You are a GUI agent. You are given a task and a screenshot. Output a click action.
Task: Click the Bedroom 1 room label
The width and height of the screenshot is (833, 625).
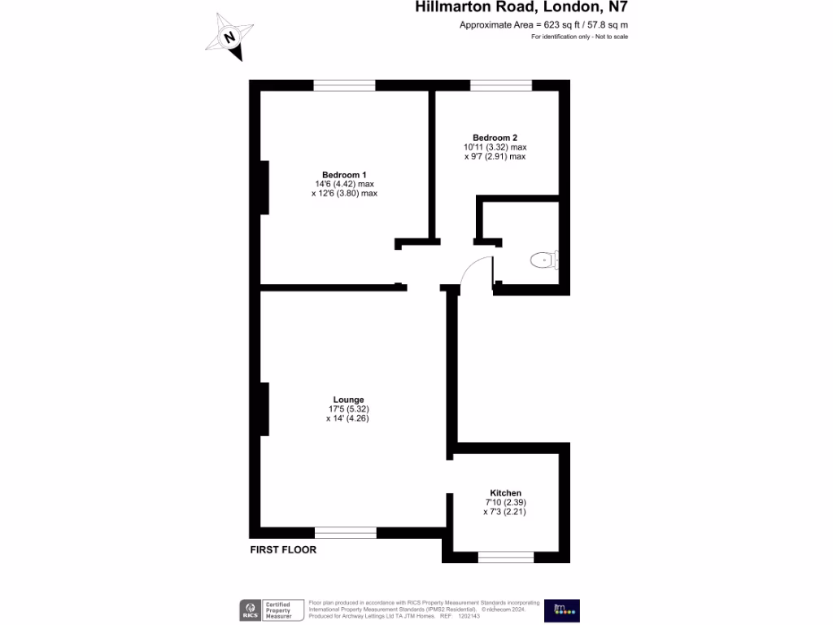344,175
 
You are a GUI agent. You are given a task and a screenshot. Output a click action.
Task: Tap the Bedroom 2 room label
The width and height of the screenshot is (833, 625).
495,138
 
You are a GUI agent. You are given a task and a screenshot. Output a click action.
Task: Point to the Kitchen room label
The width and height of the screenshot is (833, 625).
505,493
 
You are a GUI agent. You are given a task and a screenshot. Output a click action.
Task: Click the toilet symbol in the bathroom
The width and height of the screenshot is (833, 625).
543,260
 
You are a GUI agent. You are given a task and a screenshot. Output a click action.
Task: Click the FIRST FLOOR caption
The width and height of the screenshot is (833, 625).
283,550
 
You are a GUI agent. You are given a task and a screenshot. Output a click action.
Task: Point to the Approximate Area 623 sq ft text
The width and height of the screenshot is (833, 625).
543,25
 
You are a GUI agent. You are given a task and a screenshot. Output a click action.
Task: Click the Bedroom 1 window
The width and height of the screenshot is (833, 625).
344,85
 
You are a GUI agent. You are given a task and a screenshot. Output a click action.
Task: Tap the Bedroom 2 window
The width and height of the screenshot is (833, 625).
501,85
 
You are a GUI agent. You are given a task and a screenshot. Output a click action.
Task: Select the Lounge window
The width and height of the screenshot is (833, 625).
346,533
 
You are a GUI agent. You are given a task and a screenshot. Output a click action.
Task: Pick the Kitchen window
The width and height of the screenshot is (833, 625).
506,557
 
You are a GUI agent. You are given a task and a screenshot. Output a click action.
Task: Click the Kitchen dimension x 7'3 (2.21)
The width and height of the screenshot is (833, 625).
505,512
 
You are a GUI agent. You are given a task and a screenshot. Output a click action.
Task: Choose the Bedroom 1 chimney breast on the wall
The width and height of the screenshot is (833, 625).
264,187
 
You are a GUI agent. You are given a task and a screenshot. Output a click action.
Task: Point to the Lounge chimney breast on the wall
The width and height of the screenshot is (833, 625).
264,409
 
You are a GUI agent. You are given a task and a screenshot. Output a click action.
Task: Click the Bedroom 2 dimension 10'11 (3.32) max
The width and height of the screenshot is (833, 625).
495,147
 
